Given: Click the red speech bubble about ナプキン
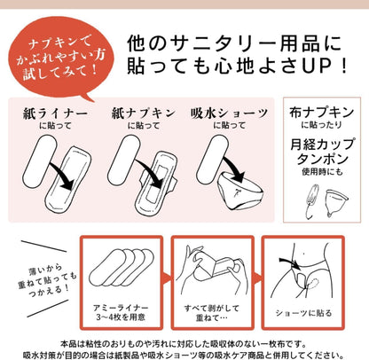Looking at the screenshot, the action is coord(60,58).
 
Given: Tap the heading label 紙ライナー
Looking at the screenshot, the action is coord(56,113).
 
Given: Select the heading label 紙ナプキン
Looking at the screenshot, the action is coord(144,113).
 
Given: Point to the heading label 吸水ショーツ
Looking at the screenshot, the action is coord(230,113).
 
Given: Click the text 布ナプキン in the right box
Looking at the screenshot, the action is coord(322,113).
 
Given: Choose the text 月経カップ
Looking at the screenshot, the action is coord(322,145).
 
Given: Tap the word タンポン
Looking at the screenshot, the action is coord(323,159).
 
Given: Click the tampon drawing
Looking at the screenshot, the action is coord(312,201).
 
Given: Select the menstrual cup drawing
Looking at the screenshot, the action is coord(336,202).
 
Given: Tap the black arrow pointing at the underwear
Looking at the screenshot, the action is coord(233,169).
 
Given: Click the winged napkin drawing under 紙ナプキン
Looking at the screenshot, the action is coord(156,184).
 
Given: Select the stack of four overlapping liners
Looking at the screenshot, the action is coord(122,268).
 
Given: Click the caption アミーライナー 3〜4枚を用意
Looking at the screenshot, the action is coord(121,313).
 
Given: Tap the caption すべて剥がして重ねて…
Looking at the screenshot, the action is coord(212,313).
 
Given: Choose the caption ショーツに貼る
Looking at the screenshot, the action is coord(303,313).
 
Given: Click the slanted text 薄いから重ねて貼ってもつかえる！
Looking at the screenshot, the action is coord(47,281).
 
